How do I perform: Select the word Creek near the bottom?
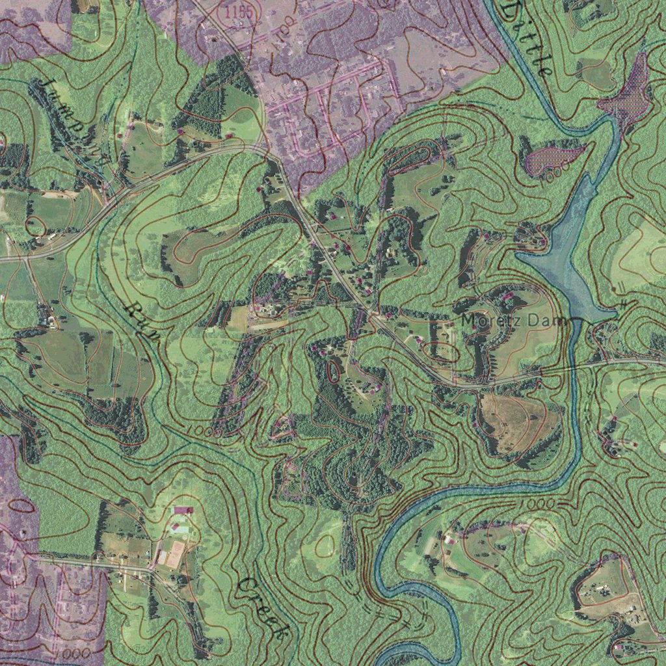[263, 608]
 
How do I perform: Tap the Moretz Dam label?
[514, 320]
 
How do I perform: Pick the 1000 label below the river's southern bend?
[539, 504]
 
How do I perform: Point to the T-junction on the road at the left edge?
[25, 257]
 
